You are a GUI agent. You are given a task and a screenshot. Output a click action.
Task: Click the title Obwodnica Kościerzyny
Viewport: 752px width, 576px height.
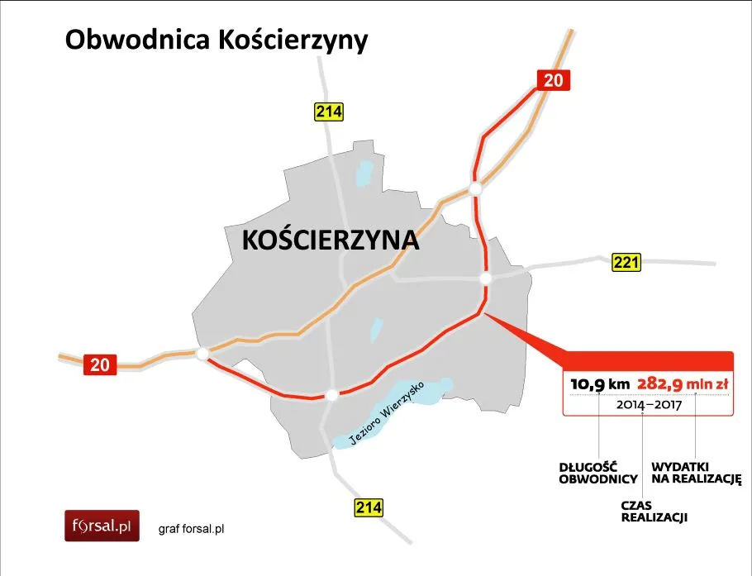click(216, 40)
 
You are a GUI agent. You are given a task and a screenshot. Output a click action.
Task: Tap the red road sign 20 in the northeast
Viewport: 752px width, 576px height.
click(554, 80)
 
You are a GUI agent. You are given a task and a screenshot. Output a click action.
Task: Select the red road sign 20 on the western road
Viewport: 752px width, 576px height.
click(99, 364)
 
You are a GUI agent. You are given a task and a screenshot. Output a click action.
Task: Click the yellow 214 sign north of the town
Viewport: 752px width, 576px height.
click(328, 112)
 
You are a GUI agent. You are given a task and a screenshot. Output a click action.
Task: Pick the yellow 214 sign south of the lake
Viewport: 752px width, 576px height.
click(368, 507)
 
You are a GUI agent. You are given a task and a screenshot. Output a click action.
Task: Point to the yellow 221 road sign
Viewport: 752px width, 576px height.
click(626, 263)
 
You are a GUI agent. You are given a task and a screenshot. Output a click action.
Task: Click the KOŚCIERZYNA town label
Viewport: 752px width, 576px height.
click(331, 240)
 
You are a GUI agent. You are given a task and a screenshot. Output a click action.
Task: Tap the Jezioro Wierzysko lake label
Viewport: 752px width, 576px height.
click(387, 413)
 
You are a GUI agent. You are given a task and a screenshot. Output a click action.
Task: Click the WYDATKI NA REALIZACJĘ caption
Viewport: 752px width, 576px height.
click(696, 473)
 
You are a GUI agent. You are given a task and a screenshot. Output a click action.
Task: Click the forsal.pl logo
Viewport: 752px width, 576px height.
click(102, 526)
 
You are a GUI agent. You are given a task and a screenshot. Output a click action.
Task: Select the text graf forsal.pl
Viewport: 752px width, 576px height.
click(192, 528)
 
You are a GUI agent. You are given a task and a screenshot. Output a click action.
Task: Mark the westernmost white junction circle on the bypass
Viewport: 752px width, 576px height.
click(202, 354)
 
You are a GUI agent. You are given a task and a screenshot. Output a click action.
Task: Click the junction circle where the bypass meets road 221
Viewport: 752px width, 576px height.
click(487, 278)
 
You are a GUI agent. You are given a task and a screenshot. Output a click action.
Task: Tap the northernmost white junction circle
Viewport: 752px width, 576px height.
click(475, 189)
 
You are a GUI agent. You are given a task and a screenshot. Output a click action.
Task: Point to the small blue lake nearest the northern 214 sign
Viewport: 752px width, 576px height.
click(364, 174)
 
